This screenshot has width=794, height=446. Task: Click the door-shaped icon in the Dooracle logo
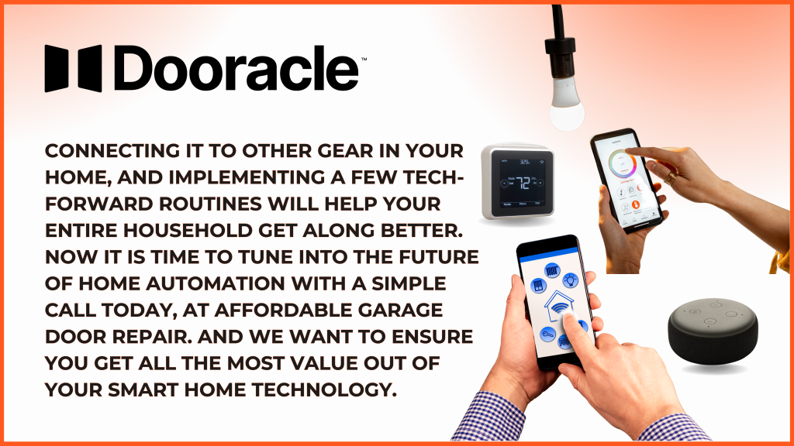[73, 68]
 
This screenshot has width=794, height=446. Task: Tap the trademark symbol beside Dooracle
[364, 59]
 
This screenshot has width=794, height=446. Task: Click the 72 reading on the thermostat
[523, 182]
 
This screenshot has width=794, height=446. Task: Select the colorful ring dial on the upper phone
[623, 164]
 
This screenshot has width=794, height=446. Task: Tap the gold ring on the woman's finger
[671, 177]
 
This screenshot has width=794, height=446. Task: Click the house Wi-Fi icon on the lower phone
[558, 307]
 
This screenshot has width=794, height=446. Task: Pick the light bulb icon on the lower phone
[571, 279]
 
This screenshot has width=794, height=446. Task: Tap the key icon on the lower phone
[547, 334]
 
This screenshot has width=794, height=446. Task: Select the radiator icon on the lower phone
[552, 270]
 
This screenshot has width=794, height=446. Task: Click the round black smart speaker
[713, 331]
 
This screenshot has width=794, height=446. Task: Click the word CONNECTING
[112, 151]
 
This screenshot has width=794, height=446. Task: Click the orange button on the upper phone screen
[635, 204]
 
